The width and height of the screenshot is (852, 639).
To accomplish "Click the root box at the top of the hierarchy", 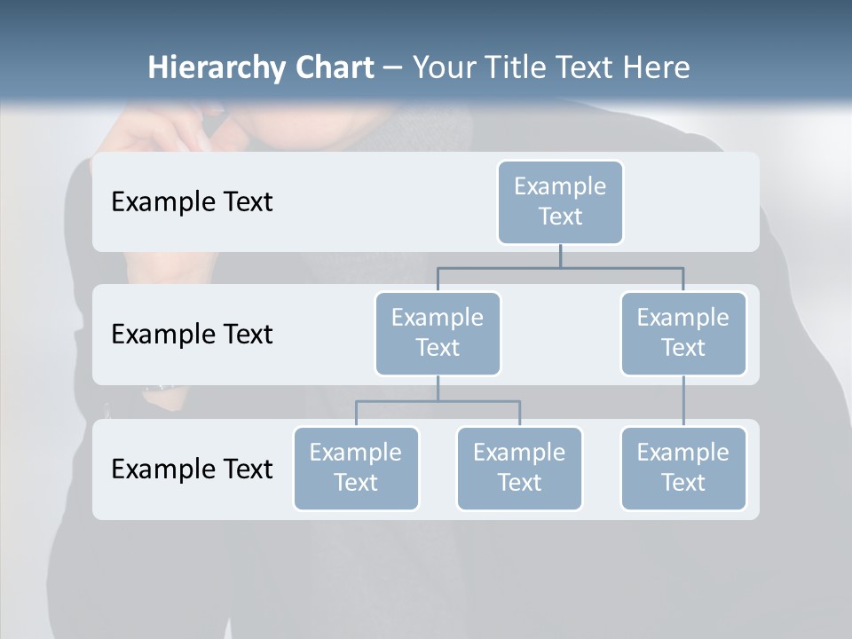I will (560, 202).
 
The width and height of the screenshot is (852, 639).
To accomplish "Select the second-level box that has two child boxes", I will (438, 334).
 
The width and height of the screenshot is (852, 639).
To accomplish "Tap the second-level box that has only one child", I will (683, 334).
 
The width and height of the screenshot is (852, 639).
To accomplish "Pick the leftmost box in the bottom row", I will (356, 469).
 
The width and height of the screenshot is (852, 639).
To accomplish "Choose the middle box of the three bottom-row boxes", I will (519, 469).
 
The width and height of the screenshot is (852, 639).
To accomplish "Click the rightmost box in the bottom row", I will (683, 469).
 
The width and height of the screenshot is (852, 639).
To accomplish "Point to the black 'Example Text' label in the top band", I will (192, 202).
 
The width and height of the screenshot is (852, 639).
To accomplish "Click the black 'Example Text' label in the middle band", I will (192, 335).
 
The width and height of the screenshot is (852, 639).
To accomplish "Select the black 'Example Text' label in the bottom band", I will (192, 469).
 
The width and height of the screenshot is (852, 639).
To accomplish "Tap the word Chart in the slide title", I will (333, 67).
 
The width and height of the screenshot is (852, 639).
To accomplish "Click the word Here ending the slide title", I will (655, 67).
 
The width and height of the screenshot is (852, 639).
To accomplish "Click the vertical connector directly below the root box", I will (560, 256).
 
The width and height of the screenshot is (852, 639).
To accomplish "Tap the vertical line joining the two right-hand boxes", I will (683, 401).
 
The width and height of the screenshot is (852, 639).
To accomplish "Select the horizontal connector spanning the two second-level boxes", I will (560, 268).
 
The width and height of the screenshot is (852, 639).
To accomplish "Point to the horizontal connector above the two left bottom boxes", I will (438, 401).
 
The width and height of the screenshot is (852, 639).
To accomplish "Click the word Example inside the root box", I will (560, 186).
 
